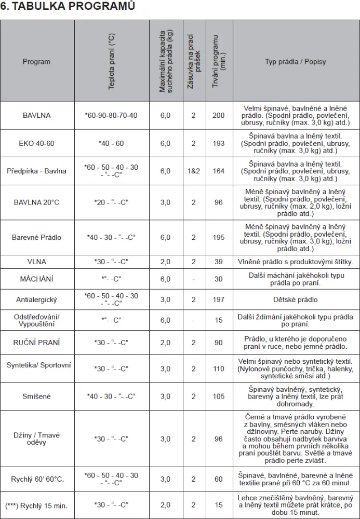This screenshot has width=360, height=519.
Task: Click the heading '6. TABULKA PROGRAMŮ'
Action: [68, 6]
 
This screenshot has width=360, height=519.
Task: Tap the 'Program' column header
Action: [36, 62]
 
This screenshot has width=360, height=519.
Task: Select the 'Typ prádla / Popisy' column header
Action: [296, 62]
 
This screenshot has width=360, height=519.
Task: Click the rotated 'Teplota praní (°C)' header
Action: [112, 62]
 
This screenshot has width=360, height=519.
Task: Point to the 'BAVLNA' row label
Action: [36, 115]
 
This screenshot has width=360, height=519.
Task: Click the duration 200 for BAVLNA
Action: [218, 115]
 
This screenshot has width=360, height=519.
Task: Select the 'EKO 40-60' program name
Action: [36, 143]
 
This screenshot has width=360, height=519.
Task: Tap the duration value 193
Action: [218, 143]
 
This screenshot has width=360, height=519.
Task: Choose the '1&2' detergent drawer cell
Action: [193, 171]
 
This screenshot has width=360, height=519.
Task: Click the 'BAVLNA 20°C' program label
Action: [36, 202]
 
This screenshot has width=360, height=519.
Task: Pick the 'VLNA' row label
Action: [36, 262]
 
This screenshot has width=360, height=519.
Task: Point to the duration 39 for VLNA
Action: [218, 262]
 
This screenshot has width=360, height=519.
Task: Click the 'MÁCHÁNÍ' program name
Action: [36, 279]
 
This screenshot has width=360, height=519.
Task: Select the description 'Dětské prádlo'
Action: [296, 299]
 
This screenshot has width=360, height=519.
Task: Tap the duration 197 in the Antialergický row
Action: [218, 299]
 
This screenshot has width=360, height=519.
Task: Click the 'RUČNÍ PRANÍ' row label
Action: [36, 343]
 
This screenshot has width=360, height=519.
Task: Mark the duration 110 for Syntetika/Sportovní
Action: [218, 369]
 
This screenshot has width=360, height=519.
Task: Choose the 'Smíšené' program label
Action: [36, 397]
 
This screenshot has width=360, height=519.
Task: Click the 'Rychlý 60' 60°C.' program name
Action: [37, 479]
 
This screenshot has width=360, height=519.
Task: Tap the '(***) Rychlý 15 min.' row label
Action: [36, 505]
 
